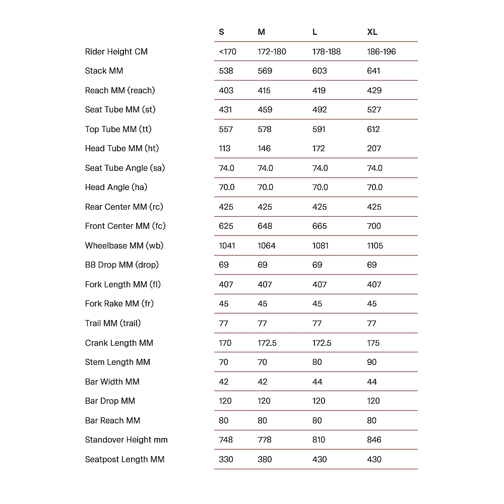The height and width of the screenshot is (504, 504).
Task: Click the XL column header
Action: (x=372, y=32)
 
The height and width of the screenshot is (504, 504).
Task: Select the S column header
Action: (x=221, y=32)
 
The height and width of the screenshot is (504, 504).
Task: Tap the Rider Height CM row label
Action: (x=116, y=51)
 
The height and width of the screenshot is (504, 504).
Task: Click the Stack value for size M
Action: (x=265, y=71)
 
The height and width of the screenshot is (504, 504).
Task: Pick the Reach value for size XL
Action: (x=374, y=90)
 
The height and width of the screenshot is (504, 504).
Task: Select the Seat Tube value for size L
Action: (x=320, y=110)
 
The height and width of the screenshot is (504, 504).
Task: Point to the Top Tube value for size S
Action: (x=226, y=130)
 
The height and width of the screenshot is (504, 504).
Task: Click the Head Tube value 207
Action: (x=374, y=149)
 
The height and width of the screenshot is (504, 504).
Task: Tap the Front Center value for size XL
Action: (x=374, y=226)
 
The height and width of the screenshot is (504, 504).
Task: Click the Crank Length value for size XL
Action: (x=373, y=343)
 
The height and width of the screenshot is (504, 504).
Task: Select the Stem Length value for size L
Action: (x=317, y=362)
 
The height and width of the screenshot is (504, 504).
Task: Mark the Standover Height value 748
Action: (x=226, y=440)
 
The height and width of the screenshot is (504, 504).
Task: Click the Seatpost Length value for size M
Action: (x=265, y=460)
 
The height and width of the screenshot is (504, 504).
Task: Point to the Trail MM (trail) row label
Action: (x=112, y=324)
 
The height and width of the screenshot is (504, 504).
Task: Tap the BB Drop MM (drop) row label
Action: (x=121, y=265)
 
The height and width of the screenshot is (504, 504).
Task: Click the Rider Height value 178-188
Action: (x=326, y=51)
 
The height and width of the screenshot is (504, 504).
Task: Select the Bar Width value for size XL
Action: (x=372, y=382)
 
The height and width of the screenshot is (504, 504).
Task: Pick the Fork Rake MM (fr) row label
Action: (x=119, y=304)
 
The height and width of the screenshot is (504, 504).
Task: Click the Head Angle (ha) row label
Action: (x=116, y=187)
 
